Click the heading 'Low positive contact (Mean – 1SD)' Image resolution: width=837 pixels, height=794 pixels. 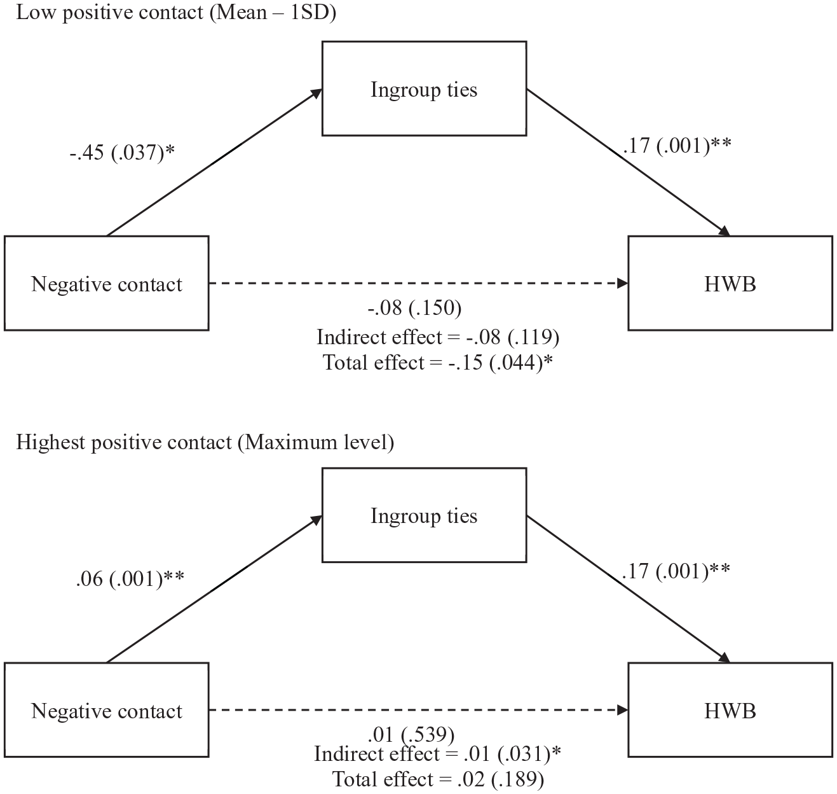point(176,13)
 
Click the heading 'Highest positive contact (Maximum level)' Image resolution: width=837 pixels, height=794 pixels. point(205,442)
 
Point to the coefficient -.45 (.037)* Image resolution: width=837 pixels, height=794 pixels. point(122,153)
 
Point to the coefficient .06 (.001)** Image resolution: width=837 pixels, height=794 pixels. point(130,579)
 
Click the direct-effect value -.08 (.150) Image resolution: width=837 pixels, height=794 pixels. point(414,308)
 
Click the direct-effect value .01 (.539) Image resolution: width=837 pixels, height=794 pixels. point(411,734)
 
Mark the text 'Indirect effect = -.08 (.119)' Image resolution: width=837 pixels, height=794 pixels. point(438,337)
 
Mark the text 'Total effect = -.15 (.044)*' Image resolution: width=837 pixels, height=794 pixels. point(438,363)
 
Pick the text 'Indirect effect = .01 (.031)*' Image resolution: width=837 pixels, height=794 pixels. point(438,753)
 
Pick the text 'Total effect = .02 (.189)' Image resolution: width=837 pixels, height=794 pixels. point(438,779)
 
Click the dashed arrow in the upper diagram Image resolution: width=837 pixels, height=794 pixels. point(418,283)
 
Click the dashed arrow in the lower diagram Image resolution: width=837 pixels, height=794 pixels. point(418,709)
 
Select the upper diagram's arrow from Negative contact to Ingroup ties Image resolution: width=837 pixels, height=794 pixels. point(214,162)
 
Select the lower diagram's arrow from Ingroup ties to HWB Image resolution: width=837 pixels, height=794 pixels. point(629,589)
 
